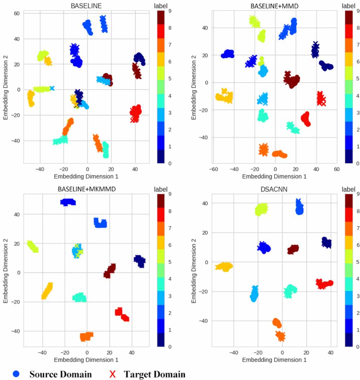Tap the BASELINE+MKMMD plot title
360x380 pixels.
[86, 189]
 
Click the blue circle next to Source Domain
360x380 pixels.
[17, 374]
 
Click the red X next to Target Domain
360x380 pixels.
[112, 374]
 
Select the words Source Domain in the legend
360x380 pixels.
[60, 374]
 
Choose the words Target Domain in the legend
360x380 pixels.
[155, 374]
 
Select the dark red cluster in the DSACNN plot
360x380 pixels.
[293, 249]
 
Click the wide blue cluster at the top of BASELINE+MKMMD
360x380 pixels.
[68, 202]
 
